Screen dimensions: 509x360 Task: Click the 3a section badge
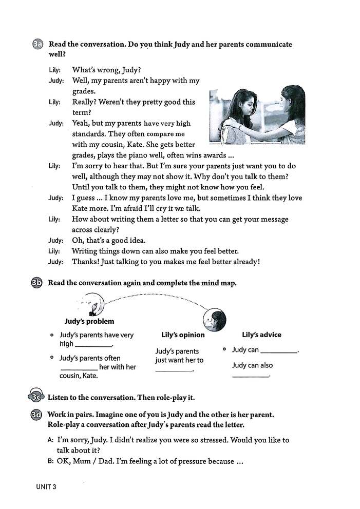click(37, 45)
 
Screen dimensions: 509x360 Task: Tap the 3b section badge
click(37, 283)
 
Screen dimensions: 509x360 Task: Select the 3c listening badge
click(36, 396)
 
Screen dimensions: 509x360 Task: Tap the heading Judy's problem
click(89, 322)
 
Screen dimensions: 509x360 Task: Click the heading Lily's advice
click(261, 335)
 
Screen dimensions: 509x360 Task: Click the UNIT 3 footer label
click(46, 486)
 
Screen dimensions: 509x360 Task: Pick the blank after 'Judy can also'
click(251, 376)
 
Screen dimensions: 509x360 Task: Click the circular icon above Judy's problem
click(93, 303)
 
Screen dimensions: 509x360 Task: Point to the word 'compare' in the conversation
click(157, 134)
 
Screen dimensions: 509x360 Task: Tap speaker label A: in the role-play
click(50, 440)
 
